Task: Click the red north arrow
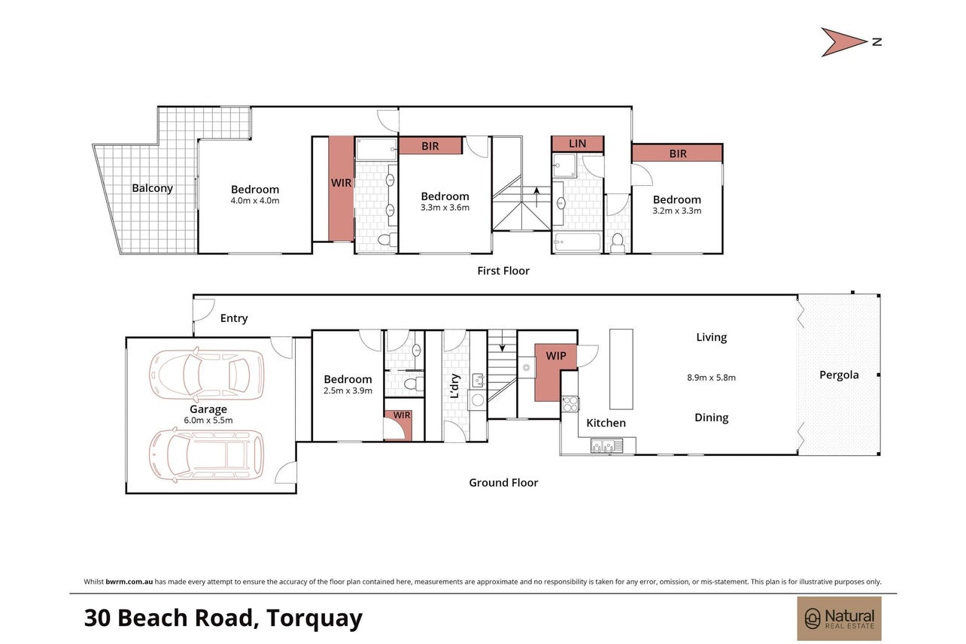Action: (841, 42)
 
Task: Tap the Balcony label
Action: (152, 188)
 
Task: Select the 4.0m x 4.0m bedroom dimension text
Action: (255, 201)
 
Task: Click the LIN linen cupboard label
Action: (578, 144)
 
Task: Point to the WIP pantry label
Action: (556, 356)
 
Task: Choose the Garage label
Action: (208, 409)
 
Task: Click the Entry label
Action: (234, 318)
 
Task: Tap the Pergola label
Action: (839, 375)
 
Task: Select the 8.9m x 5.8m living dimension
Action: (711, 378)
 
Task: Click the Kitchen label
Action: (606, 423)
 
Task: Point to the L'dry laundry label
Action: (455, 386)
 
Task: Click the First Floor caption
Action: (503, 271)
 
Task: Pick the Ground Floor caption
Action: (503, 483)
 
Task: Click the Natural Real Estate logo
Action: (839, 618)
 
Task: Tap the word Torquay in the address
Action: (314, 619)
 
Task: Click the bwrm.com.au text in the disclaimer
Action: (129, 582)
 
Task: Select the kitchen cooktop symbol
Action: (570, 404)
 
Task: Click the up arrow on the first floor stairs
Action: (536, 197)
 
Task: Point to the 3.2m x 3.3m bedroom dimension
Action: (676, 211)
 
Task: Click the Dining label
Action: (712, 418)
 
